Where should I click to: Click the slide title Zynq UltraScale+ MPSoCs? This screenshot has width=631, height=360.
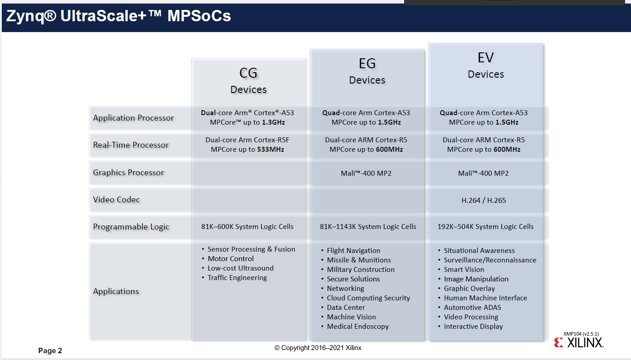(x=118, y=16)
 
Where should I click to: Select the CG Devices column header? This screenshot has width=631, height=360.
(x=248, y=80)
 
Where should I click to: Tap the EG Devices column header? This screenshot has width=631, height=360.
(x=367, y=71)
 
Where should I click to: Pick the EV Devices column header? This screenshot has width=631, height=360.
(x=485, y=65)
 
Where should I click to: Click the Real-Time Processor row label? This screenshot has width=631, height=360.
(x=131, y=145)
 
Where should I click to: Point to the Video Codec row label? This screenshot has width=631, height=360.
(x=116, y=200)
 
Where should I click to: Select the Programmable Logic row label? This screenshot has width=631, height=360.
(x=131, y=227)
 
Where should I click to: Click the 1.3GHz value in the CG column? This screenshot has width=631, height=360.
(x=273, y=122)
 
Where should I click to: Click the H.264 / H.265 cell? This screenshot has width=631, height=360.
(x=484, y=200)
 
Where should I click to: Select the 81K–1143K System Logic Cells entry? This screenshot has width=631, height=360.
(x=367, y=227)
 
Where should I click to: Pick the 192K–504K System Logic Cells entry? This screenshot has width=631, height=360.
(x=485, y=227)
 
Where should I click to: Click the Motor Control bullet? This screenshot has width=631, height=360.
(x=231, y=259)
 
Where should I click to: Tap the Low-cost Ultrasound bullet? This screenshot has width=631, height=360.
(x=240, y=268)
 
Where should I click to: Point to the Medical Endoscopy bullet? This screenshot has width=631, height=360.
(x=358, y=327)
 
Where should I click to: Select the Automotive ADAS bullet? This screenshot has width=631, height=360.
(x=472, y=308)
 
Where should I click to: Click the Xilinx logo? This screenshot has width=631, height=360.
(x=579, y=343)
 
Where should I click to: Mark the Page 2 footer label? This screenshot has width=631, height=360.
(x=50, y=351)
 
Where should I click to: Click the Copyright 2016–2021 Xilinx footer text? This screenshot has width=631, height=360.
(x=318, y=348)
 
